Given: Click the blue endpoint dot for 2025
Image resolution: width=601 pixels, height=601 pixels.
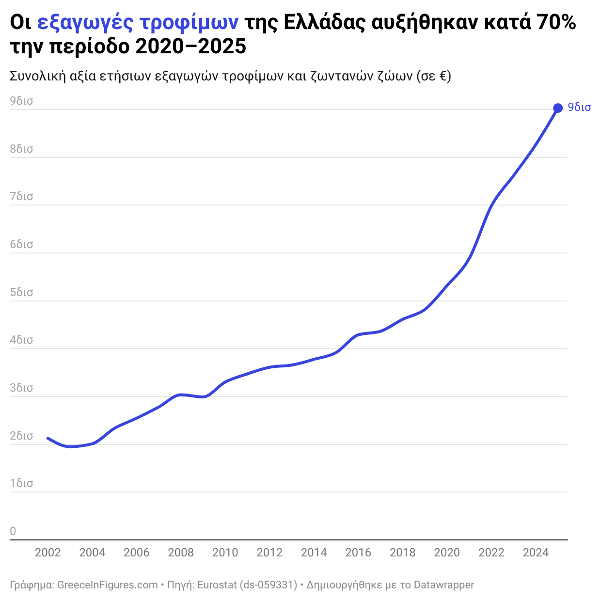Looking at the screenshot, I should pyautogui.click(x=558, y=108).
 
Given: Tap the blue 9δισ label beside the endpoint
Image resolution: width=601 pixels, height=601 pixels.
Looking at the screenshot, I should pyautogui.click(x=579, y=108).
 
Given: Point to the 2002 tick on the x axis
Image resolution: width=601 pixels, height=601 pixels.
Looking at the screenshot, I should pyautogui.click(x=48, y=553).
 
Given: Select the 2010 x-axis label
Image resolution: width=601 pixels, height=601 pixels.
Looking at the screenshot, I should pyautogui.click(x=225, y=553).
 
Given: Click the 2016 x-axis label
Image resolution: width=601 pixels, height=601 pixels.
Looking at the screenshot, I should pyautogui.click(x=358, y=553).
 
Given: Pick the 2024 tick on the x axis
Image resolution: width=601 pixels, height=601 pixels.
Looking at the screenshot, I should pyautogui.click(x=536, y=553).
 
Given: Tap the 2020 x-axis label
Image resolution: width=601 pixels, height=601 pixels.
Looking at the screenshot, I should pyautogui.click(x=447, y=553).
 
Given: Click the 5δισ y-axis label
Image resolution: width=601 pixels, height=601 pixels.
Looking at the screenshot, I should pyautogui.click(x=21, y=292).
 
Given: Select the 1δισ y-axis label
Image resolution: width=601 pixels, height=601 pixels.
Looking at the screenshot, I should pyautogui.click(x=21, y=483).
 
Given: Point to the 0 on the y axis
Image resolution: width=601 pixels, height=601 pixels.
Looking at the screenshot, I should pyautogui.click(x=13, y=531).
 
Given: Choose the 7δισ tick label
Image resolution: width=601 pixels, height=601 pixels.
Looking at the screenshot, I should pyautogui.click(x=21, y=196).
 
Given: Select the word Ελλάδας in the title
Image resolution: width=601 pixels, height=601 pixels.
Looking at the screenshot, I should pyautogui.click(x=324, y=23).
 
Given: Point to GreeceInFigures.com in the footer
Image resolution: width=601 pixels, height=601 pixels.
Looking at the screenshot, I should pyautogui.click(x=107, y=585).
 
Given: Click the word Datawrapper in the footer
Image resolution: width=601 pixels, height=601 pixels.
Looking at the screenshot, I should pyautogui.click(x=443, y=585).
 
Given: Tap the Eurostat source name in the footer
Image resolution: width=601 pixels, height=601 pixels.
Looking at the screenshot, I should pyautogui.click(x=217, y=585).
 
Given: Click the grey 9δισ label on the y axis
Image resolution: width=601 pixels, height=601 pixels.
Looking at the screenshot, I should pyautogui.click(x=21, y=101).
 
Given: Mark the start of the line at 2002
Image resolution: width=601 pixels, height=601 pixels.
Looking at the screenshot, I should pyautogui.click(x=47, y=438).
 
